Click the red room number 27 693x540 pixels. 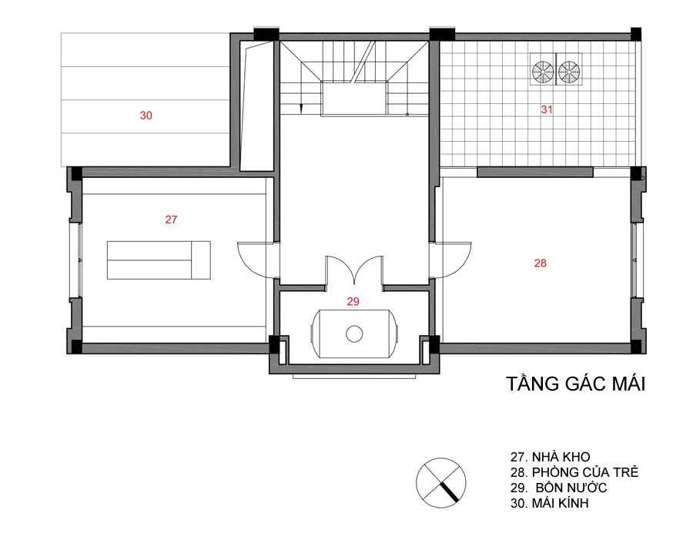(171, 220)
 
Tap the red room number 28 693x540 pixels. (540, 263)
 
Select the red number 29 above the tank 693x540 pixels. (353, 302)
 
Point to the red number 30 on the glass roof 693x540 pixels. (146, 116)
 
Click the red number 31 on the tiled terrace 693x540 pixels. (546, 109)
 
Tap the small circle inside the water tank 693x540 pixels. (354, 334)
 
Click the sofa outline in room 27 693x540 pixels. (159, 260)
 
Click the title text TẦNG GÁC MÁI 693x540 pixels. (575, 384)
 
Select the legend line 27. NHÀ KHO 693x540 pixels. (550, 457)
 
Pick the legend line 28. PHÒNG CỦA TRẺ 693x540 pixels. (574, 472)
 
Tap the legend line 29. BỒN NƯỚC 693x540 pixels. (558, 488)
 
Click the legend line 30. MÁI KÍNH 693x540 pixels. (549, 503)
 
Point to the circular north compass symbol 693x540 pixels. (440, 482)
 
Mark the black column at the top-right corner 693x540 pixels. (635, 35)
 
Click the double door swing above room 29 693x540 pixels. (354, 267)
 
